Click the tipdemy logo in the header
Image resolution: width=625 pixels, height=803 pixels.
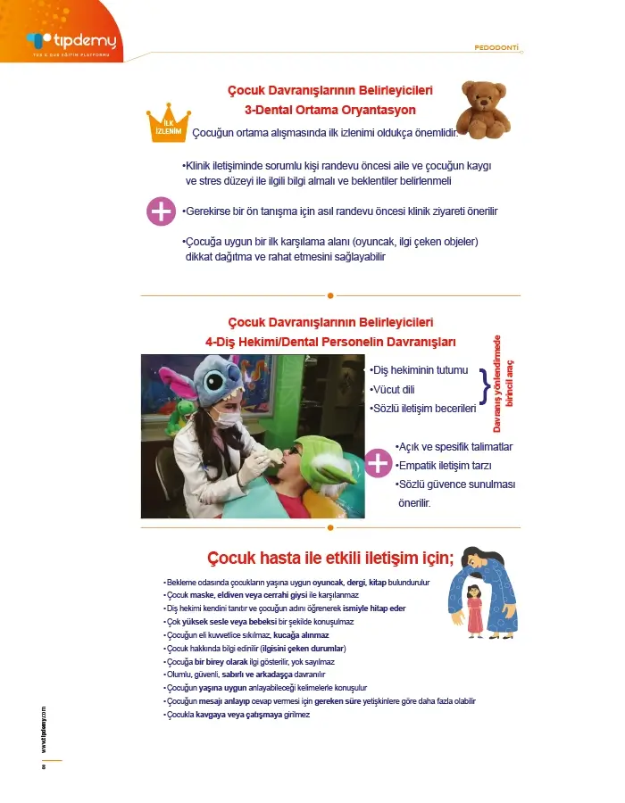point(71,41)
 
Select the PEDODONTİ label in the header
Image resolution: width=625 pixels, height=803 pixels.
point(496,46)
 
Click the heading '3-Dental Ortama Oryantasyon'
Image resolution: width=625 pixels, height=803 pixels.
point(330,111)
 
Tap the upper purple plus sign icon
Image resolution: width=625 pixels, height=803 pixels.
point(161,211)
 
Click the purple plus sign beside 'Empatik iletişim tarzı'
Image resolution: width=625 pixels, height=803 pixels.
point(379,463)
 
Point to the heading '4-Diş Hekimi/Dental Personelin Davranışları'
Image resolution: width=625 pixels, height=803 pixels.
point(330,342)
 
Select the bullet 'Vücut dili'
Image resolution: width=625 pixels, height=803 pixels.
point(393,389)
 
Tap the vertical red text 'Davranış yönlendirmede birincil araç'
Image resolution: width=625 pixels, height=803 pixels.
point(504,385)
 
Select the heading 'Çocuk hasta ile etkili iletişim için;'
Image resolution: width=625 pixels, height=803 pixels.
point(330,559)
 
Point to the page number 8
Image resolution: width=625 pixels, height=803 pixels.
point(43,768)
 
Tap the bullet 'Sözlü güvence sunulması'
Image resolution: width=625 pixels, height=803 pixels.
point(455,484)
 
